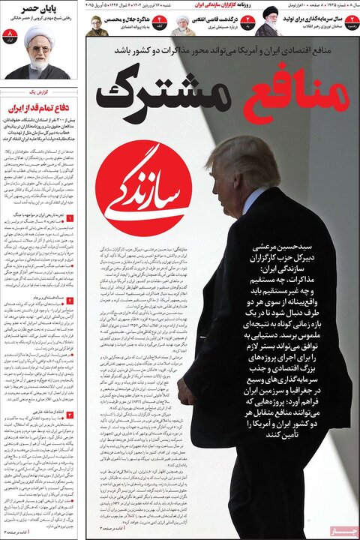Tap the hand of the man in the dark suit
point(187,389)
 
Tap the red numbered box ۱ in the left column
point(70,219)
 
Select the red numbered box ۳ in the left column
point(70,414)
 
